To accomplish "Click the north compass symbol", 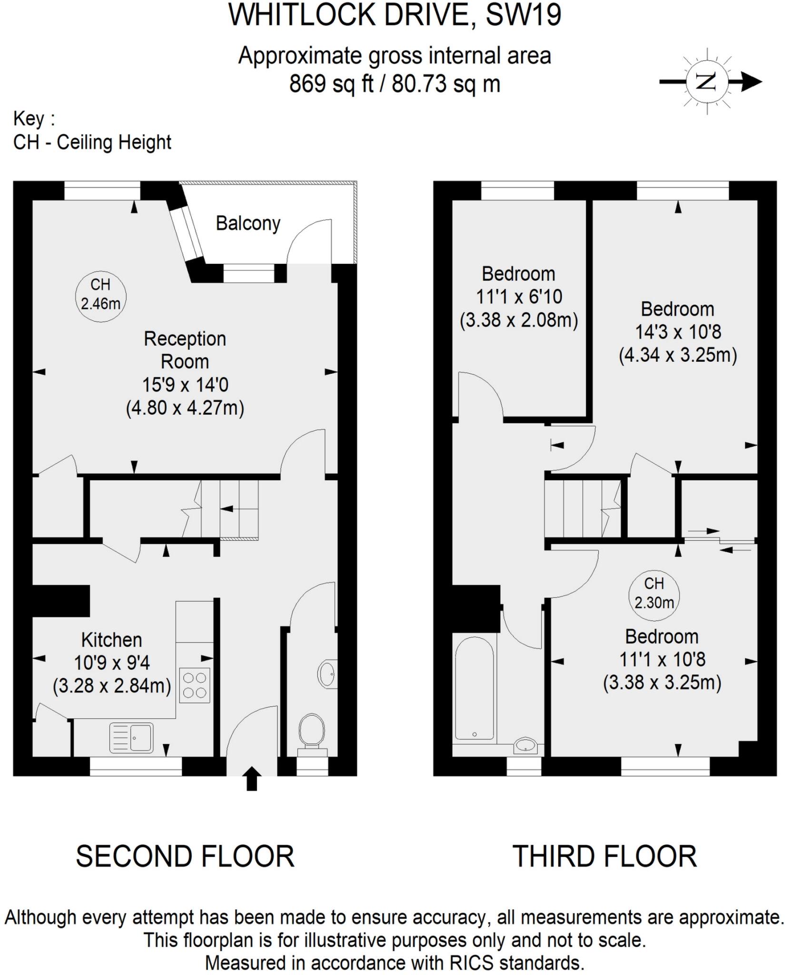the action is [707, 82].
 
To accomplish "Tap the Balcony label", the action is [248, 223].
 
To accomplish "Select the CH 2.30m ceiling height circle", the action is [654, 596].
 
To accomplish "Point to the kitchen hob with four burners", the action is [194, 686].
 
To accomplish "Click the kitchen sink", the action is [131, 737].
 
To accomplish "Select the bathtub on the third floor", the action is [474, 688].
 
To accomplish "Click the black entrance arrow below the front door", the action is [252, 778].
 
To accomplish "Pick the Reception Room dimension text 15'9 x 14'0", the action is [185, 385].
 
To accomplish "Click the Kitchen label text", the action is [112, 640].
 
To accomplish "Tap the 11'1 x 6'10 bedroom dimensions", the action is [519, 297].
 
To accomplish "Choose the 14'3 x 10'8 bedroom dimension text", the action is [678, 332].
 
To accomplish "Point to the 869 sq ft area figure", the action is [331, 84].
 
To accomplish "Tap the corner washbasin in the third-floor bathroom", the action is [526, 745].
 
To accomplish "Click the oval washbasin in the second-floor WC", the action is [327, 674].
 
